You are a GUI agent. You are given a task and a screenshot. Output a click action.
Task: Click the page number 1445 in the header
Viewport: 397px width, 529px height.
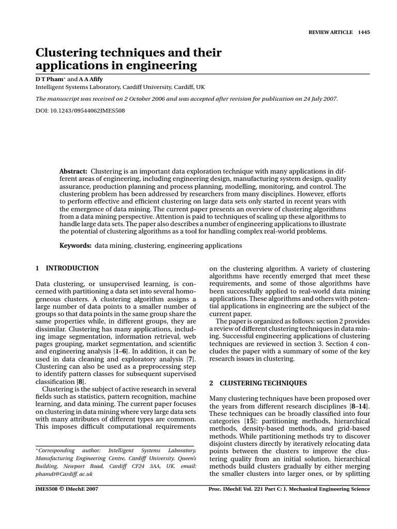click(x=364, y=32)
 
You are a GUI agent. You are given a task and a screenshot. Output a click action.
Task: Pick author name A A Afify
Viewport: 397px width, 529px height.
click(x=89, y=79)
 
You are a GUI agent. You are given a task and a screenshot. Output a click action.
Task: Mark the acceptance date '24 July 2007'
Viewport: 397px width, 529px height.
click(x=315, y=99)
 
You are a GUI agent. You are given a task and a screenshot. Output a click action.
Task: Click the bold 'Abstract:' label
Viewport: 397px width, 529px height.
click(x=74, y=171)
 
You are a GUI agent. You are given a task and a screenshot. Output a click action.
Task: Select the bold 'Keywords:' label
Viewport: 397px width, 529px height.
click(x=75, y=246)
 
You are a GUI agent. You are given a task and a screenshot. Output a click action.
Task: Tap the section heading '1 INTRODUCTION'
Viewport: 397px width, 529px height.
click(x=67, y=268)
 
